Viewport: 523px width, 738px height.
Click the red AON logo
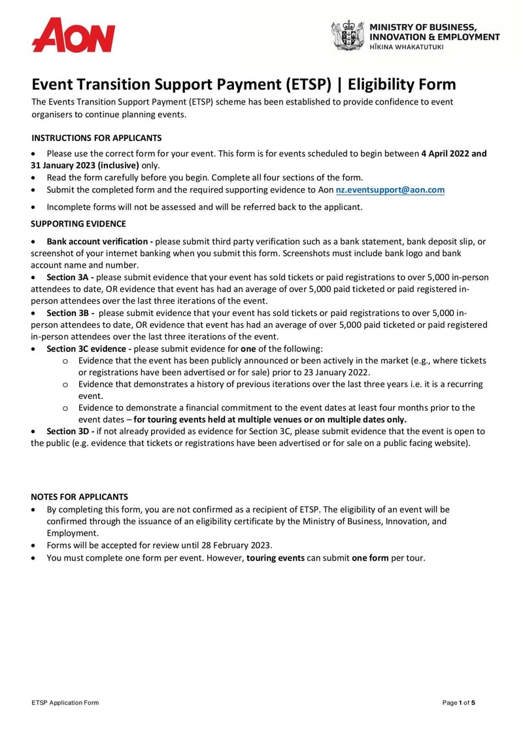pyautogui.click(x=73, y=35)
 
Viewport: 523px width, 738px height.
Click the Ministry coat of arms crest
pyautogui.click(x=347, y=35)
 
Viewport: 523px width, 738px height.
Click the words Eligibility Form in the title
pyautogui.click(x=401, y=85)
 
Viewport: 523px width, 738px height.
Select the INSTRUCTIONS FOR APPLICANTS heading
pyautogui.click(x=96, y=138)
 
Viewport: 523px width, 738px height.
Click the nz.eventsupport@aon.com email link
pyautogui.click(x=390, y=190)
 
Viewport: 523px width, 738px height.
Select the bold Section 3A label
pyautogui.click(x=70, y=278)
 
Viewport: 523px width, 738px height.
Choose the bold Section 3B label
pyautogui.click(x=70, y=313)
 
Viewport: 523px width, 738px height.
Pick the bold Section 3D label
pyautogui.click(x=70, y=432)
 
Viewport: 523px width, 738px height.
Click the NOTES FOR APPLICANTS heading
pyautogui.click(x=80, y=497)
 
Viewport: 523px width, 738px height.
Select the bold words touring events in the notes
pyautogui.click(x=275, y=558)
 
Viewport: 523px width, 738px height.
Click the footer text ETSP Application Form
pyautogui.click(x=65, y=703)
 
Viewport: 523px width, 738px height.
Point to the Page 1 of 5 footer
pyautogui.click(x=458, y=703)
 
